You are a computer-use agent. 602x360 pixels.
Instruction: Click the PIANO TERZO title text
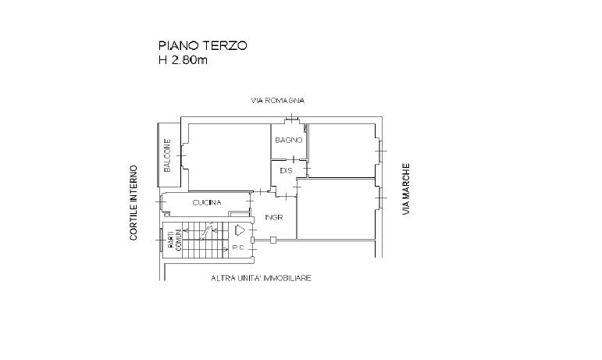[202, 46]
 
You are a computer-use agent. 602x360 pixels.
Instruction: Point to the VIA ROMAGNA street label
[277, 101]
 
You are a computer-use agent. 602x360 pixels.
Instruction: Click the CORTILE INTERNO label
[134, 202]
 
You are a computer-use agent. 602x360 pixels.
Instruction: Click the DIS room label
[287, 170]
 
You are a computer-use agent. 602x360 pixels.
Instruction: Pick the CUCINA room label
[207, 203]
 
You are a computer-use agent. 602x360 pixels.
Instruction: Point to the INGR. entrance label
[273, 217]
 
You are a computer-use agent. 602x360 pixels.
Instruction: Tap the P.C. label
[239, 248]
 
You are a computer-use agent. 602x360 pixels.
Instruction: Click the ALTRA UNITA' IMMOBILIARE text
[261, 278]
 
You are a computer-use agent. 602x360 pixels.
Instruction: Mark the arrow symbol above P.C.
[240, 231]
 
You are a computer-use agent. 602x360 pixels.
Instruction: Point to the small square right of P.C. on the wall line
[272, 241]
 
